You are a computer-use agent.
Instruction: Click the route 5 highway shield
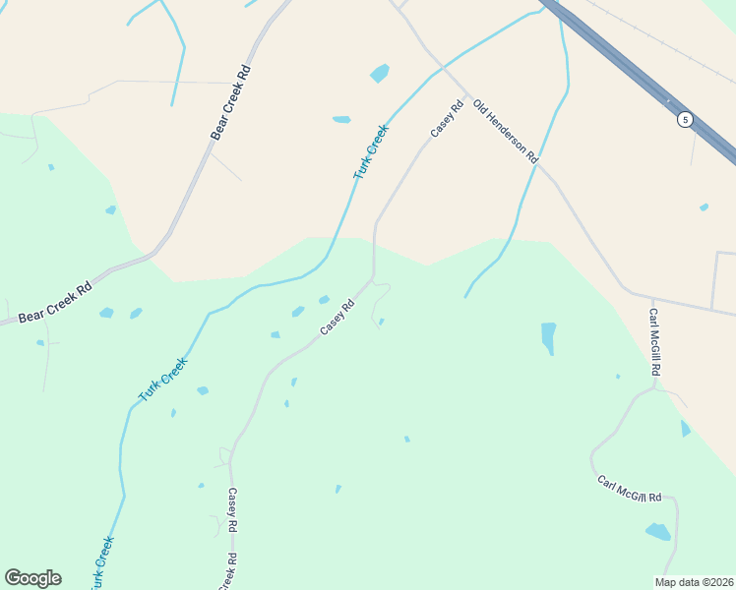(x=685, y=119)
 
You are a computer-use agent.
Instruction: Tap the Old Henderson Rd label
(x=506, y=131)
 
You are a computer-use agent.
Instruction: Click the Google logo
(x=32, y=578)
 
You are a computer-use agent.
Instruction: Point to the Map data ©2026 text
(x=694, y=582)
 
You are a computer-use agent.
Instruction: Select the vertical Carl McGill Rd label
(x=653, y=342)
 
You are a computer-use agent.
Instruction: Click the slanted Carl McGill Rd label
(x=630, y=490)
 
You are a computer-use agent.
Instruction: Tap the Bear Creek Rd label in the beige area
(x=232, y=102)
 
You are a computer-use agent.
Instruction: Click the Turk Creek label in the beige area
(x=371, y=150)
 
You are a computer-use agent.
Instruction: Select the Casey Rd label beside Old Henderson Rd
(x=446, y=119)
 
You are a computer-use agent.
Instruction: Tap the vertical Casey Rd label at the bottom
(x=232, y=511)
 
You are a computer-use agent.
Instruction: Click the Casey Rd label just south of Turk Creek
(x=337, y=318)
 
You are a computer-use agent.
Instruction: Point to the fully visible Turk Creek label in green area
(x=162, y=379)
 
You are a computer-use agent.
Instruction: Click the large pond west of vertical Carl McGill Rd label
(x=548, y=336)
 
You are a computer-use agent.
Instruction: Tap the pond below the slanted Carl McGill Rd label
(x=657, y=532)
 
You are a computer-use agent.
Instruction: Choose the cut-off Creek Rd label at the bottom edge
(x=225, y=572)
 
